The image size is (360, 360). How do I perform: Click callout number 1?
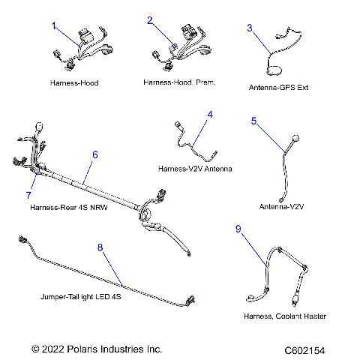pos(54,25)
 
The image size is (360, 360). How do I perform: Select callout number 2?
pos(150,22)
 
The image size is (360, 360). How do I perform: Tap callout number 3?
pos(250,28)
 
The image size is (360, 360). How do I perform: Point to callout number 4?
pos(210,115)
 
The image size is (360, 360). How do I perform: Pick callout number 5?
pos(253,121)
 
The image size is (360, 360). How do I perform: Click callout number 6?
pos(95,154)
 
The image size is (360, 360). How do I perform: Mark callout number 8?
pos(100,246)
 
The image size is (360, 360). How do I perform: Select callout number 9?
pos(238,230)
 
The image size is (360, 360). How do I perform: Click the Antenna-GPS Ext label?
pos(278,87)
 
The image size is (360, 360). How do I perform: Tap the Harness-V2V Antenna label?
pos(194,169)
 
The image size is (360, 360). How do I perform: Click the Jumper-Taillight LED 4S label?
pos(81,297)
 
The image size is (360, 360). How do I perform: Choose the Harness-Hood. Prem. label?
pos(178,82)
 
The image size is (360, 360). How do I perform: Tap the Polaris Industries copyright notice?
pos(97,349)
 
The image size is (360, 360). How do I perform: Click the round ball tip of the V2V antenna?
pos(295,139)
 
